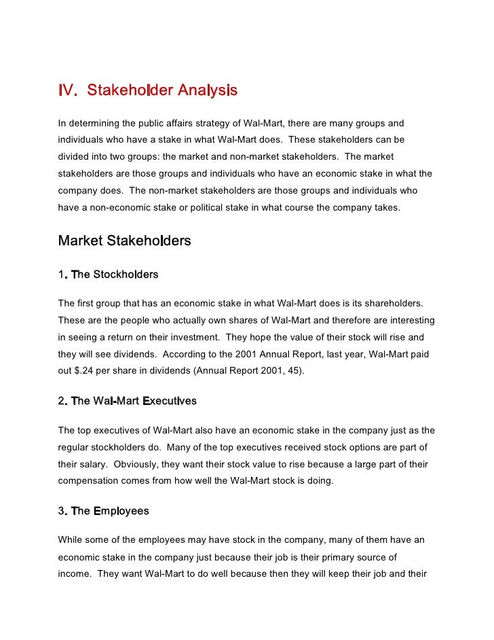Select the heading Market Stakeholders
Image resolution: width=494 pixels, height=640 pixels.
click(x=124, y=241)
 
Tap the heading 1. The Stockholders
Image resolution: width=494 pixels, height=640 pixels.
click(x=108, y=274)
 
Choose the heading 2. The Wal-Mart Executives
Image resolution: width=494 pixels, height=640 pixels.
click(x=127, y=401)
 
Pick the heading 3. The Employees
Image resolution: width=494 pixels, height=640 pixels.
click(x=103, y=511)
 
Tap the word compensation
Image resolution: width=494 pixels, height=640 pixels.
click(x=90, y=480)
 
